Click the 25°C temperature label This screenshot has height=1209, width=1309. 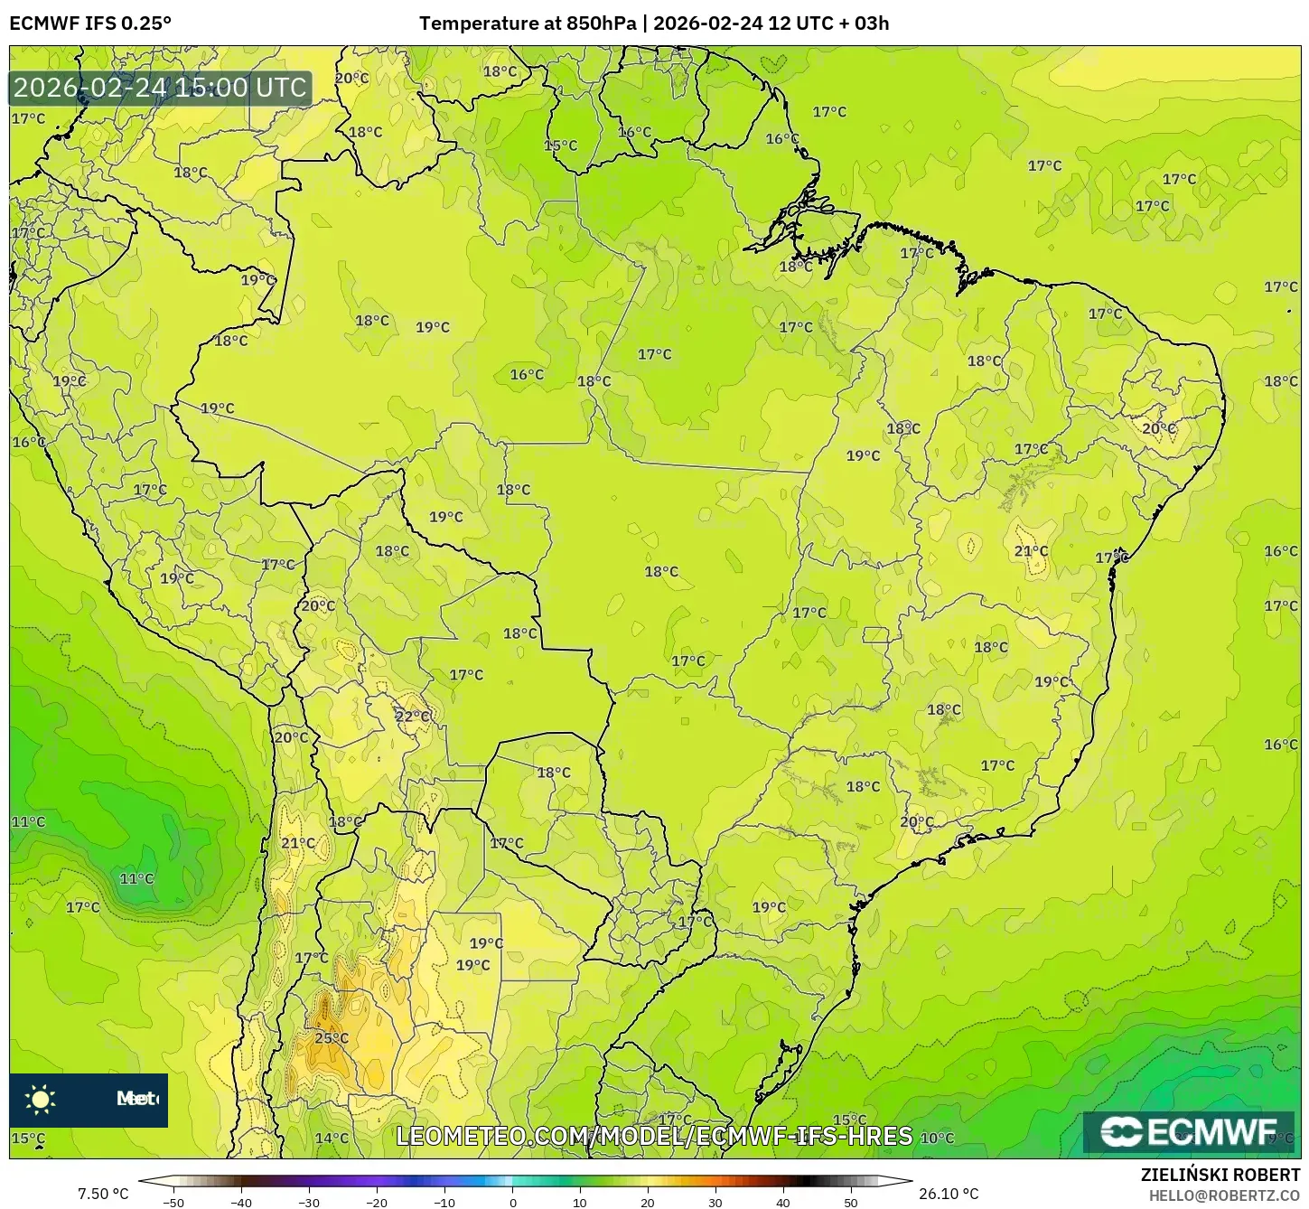pyautogui.click(x=332, y=1038)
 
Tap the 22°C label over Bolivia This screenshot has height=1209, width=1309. pyautogui.click(x=413, y=717)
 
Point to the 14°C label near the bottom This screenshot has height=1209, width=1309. pyautogui.click(x=332, y=1138)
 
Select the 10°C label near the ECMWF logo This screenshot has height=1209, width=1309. pyautogui.click(x=937, y=1138)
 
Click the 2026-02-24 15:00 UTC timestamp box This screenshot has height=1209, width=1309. pyautogui.click(x=161, y=88)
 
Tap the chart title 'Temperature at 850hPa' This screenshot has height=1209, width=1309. pyautogui.click(x=528, y=23)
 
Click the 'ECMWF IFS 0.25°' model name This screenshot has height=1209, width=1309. pyautogui.click(x=90, y=23)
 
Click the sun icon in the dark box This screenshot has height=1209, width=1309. pyautogui.click(x=41, y=1099)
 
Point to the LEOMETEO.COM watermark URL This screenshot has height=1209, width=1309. pyautogui.click(x=654, y=1136)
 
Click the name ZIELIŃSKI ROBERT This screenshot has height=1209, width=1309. pyautogui.click(x=1220, y=1175)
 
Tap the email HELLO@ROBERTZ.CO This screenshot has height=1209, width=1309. pyautogui.click(x=1223, y=1195)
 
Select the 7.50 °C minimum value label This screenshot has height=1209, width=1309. pyautogui.click(x=103, y=1194)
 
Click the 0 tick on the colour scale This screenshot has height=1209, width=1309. pyautogui.click(x=512, y=1203)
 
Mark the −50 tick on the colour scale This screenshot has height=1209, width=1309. pyautogui.click(x=173, y=1203)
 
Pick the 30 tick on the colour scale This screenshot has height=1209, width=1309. pyautogui.click(x=715, y=1203)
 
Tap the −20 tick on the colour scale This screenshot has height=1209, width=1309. pyautogui.click(x=377, y=1203)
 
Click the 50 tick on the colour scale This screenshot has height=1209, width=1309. pyautogui.click(x=851, y=1203)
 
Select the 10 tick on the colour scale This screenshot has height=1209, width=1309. pyautogui.click(x=580, y=1203)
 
